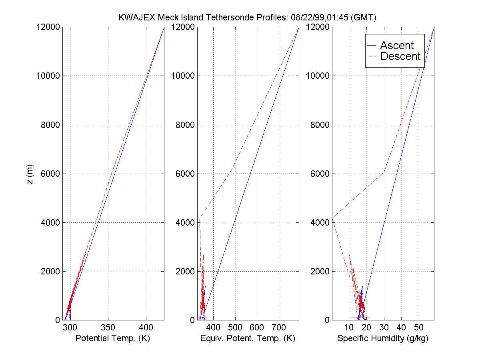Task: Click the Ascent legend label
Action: pyautogui.click(x=397, y=45)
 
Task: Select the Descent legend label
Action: pyautogui.click(x=400, y=56)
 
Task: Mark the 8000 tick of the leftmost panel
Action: pyautogui.click(x=51, y=125)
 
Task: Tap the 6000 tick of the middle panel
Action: pyautogui.click(x=185, y=174)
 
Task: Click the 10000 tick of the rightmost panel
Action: pyautogui.click(x=318, y=76)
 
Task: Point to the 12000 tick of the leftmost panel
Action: pyautogui.click(x=49, y=27)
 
